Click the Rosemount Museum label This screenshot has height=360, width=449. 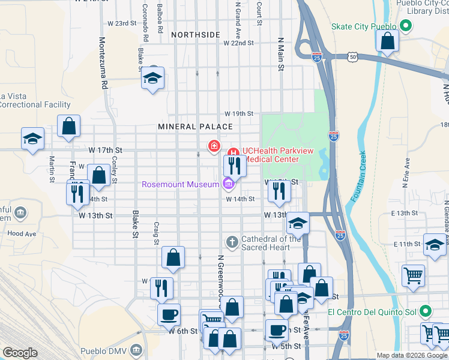(x=180, y=184)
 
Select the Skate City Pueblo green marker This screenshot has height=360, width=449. (x=406, y=27)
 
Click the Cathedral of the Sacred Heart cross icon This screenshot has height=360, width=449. (x=232, y=242)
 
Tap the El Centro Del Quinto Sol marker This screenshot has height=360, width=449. (x=426, y=311)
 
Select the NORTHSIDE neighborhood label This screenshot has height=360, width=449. (x=195, y=35)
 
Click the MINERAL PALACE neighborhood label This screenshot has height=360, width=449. (x=195, y=127)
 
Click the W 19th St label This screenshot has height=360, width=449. (x=239, y=113)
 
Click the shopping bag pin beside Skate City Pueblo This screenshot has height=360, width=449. (x=387, y=41)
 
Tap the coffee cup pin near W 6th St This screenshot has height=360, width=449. (x=169, y=314)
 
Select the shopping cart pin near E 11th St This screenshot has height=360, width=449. (x=412, y=276)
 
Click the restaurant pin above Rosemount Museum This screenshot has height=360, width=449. (x=234, y=165)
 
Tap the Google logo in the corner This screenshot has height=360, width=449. (x=20, y=353)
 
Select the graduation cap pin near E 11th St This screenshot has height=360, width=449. (x=435, y=244)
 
